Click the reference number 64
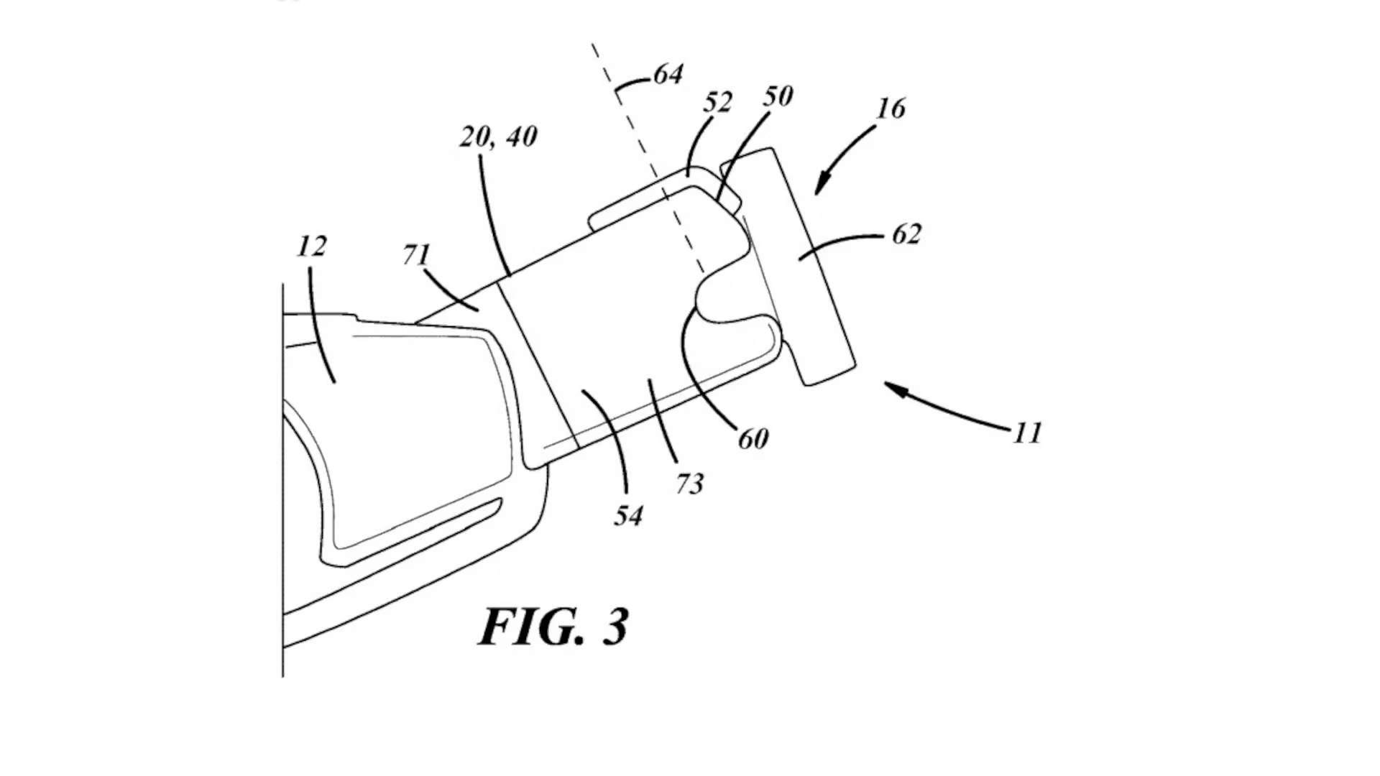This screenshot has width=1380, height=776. point(668,74)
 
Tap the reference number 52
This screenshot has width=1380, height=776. point(717,103)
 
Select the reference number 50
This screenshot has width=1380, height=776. point(778,96)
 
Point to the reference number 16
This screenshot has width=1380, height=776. point(891,108)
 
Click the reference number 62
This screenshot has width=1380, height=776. point(906,234)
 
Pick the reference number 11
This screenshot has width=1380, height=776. point(1027,433)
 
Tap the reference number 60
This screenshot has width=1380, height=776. point(753,438)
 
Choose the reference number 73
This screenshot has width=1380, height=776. point(689,484)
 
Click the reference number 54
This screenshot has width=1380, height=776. point(628,515)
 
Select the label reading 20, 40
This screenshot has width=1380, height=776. point(498,137)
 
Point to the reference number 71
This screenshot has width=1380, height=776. point(416,254)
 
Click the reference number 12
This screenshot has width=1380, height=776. point(311,246)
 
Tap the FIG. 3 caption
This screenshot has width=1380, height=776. point(553,627)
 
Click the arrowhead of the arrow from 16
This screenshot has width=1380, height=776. point(820,188)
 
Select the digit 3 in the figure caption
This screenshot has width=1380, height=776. point(615,627)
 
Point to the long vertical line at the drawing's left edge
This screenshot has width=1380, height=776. point(282,481)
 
